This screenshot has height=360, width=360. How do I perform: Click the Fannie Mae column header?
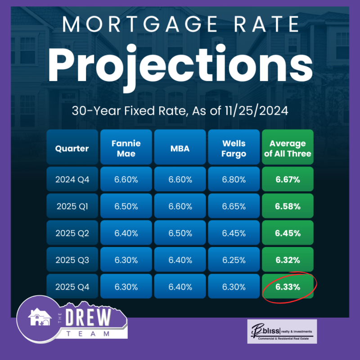[126, 148]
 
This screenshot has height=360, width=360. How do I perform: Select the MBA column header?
[180, 148]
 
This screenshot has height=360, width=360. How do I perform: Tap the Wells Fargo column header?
[234, 148]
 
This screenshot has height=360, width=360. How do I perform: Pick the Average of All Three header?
[288, 148]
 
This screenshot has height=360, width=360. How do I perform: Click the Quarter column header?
[72, 148]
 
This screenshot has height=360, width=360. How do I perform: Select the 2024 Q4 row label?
[72, 180]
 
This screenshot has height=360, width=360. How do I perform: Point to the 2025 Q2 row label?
[72, 233]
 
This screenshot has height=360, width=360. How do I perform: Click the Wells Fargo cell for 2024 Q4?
[234, 180]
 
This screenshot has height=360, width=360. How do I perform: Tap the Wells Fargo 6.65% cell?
[234, 207]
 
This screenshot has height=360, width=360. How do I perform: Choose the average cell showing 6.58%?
[288, 207]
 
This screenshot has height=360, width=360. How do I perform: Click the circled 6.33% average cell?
[288, 287]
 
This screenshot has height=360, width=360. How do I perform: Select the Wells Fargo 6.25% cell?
[234, 260]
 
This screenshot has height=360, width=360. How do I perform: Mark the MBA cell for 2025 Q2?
[180, 233]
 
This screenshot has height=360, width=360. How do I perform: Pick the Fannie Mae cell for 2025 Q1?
[126, 207]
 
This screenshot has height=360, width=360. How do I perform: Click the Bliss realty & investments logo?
[282, 332]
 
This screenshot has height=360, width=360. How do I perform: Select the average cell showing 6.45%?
[288, 233]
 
